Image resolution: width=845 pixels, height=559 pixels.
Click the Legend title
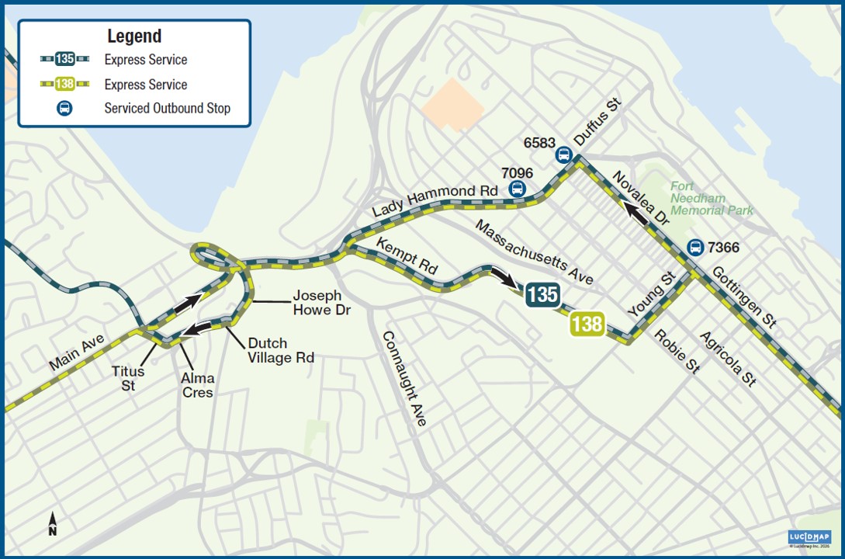134,36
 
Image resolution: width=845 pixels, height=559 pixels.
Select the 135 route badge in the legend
64,60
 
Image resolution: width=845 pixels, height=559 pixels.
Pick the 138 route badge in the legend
64,85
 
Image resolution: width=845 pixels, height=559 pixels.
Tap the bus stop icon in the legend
64,109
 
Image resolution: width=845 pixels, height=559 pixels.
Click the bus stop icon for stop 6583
564,155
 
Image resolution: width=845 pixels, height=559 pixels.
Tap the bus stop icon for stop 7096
517,189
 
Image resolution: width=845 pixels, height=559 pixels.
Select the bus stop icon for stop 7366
695,248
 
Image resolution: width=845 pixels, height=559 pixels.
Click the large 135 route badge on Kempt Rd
542,294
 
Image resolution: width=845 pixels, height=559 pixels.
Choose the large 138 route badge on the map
587,323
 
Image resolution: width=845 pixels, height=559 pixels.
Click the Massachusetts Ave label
535,252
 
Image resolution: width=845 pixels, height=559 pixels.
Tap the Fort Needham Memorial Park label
712,198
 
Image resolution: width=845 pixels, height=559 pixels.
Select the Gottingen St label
743,296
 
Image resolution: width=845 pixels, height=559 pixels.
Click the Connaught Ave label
403,377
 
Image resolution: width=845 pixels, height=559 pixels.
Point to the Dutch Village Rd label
281,350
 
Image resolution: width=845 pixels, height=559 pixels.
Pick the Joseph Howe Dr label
322,303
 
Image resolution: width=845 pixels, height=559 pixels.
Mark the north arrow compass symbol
52,524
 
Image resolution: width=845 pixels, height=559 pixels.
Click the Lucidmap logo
809,537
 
